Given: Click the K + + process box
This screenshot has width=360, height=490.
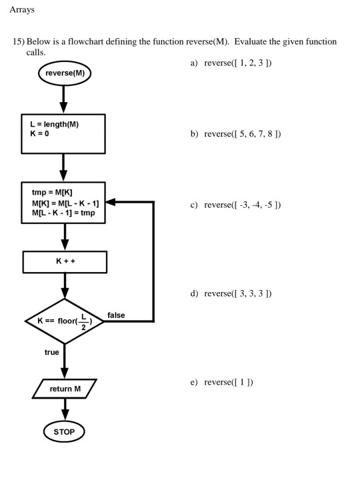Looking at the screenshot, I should (65, 261).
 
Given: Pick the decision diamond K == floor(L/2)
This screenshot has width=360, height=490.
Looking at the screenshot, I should (65, 321).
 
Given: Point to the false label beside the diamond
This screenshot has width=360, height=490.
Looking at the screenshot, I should (115, 315).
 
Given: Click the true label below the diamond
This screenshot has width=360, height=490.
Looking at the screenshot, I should (51, 352).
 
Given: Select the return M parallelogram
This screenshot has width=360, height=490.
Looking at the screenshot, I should (65, 388).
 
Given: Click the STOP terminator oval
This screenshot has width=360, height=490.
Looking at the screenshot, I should (65, 432).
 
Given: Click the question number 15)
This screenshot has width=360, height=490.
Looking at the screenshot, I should (20, 42).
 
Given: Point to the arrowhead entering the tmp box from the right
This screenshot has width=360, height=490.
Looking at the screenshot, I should (111, 202).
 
